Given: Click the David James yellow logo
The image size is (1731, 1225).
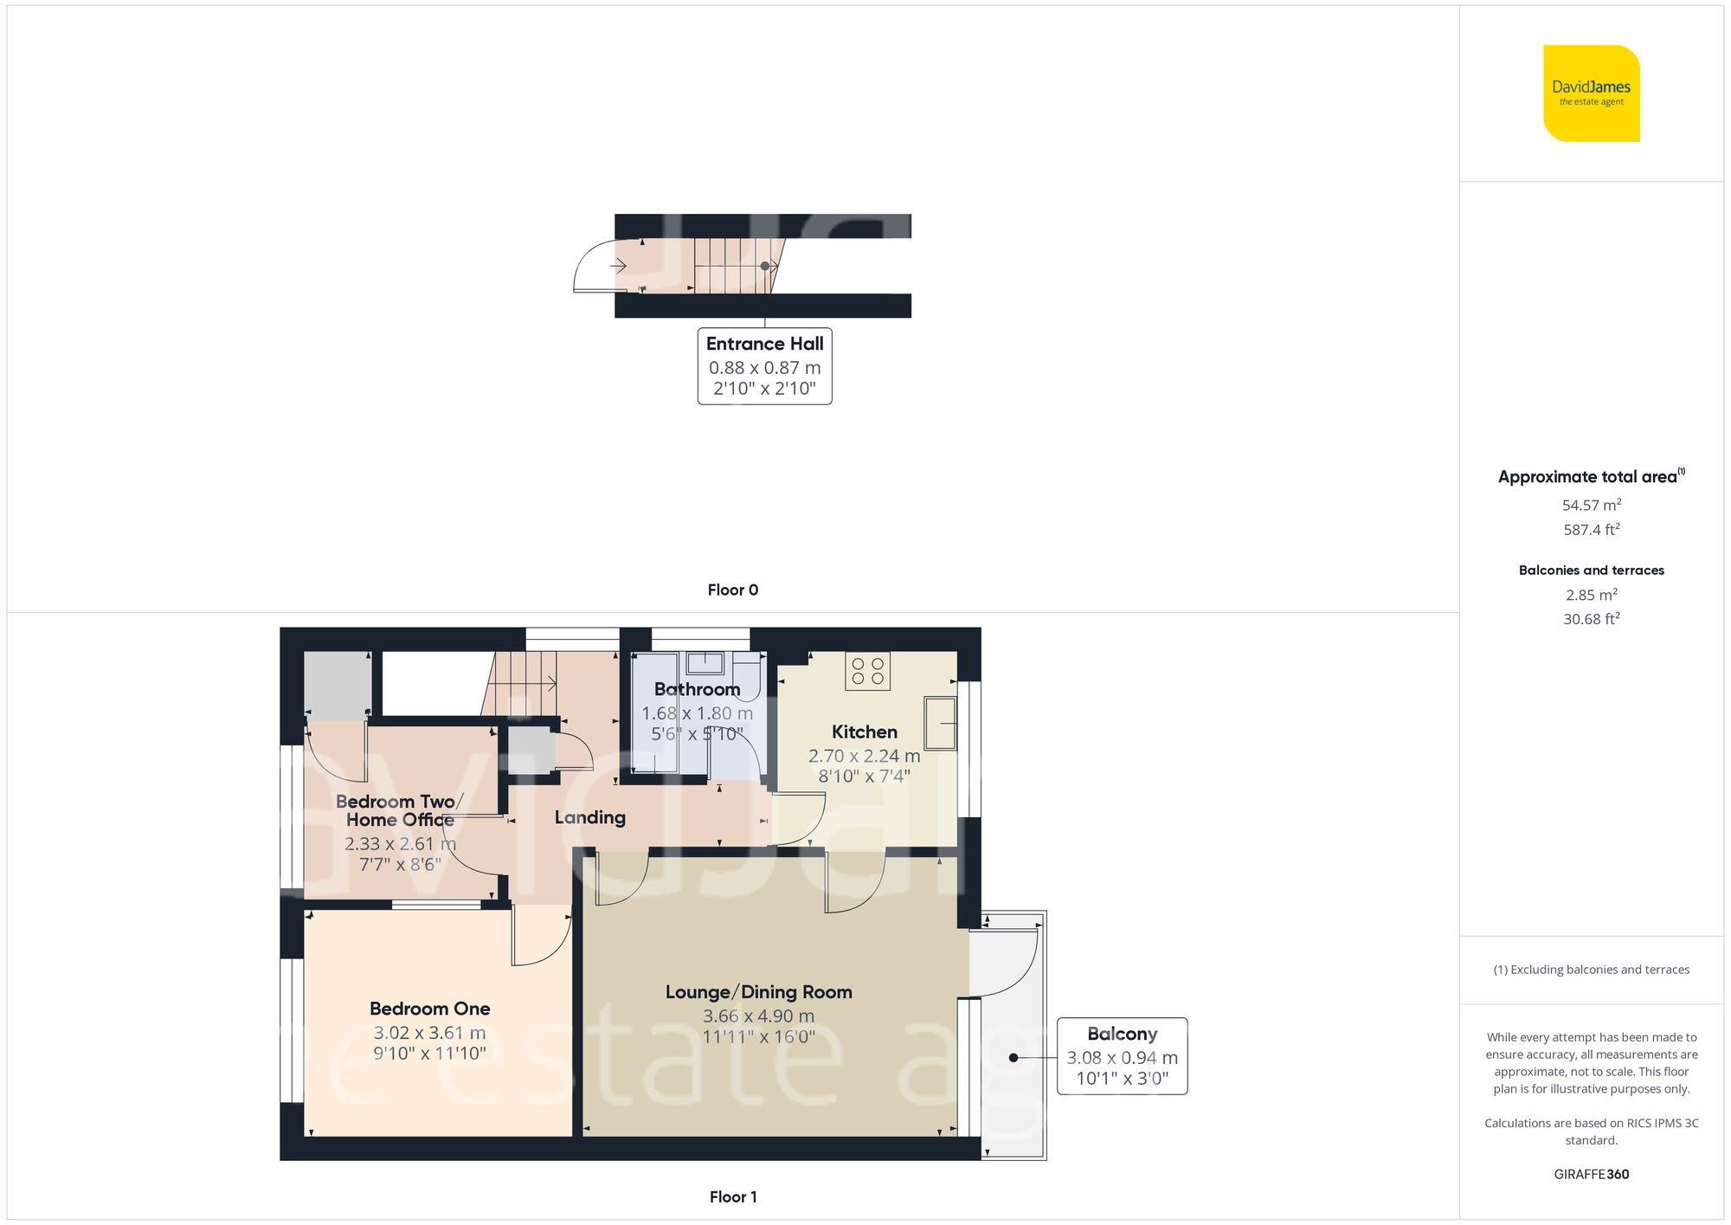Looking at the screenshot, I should [1591, 93].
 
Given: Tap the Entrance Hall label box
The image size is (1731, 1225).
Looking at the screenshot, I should [764, 365].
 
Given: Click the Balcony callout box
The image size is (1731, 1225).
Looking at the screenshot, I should [1122, 1056].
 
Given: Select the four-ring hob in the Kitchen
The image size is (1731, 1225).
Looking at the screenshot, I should [867, 671].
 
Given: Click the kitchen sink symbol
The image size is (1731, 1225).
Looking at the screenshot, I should [940, 723].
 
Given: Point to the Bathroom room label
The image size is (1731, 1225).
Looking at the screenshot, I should [697, 689].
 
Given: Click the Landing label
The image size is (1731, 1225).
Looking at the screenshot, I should [589, 817].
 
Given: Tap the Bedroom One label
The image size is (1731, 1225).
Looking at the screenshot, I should [429, 1009].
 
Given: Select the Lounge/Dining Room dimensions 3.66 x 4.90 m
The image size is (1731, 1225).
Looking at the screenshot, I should [758, 1016].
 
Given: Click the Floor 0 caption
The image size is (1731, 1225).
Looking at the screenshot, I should [732, 590].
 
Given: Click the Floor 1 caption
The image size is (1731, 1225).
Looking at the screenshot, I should [732, 1196].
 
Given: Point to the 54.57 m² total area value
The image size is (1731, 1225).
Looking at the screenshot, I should [1591, 505].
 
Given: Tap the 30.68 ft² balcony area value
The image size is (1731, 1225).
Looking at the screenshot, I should [1591, 619].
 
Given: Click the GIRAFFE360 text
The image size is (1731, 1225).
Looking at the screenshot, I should [1591, 1174].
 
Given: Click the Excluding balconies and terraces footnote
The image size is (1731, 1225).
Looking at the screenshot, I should [1591, 970].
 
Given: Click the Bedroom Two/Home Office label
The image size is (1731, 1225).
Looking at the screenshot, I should [399, 810].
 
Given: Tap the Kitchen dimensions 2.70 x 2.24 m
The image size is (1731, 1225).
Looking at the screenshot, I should [864, 756].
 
